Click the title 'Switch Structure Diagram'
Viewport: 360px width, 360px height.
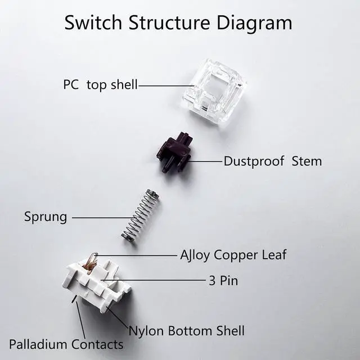pos(178,22)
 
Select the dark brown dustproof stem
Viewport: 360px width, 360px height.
pos(173,152)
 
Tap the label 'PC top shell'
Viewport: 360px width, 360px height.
pos(100,86)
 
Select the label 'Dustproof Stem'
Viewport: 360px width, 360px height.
pos(272,161)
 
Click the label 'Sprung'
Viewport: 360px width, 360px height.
pos(45,217)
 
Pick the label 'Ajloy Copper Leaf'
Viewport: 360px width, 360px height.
pos(233,255)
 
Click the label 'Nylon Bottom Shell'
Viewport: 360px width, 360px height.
pos(186,330)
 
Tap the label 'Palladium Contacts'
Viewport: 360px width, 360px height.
pos(66,344)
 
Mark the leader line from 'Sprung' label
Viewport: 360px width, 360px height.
pos(101,217)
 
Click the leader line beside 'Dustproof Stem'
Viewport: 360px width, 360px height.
pos(205,161)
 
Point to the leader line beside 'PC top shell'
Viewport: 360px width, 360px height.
pos(166,86)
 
